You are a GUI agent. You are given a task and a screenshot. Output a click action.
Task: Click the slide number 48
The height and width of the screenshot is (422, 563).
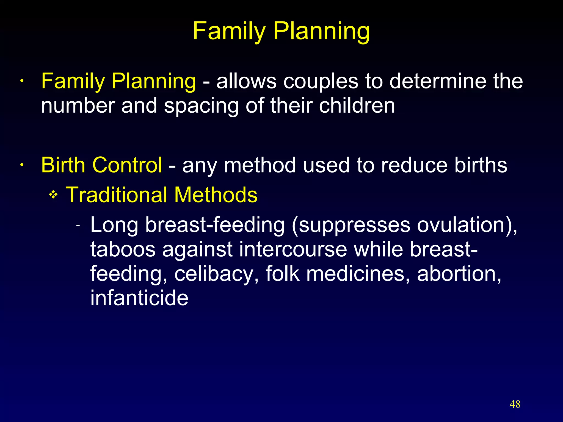515,404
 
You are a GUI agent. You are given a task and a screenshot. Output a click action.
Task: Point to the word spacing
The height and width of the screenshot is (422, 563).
201,106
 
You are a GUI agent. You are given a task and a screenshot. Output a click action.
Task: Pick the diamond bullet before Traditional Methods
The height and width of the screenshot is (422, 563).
53,195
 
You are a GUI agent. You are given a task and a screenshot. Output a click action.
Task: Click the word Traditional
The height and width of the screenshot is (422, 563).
117,195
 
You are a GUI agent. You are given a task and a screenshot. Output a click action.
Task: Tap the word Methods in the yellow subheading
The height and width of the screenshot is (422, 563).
216,195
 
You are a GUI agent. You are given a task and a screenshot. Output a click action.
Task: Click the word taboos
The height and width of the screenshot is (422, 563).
123,249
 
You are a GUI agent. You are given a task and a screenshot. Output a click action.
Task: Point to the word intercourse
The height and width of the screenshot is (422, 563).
293,249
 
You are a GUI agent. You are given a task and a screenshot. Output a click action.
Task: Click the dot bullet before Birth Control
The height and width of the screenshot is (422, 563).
21,165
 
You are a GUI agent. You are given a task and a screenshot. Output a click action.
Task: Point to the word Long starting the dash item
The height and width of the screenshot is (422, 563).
114,225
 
